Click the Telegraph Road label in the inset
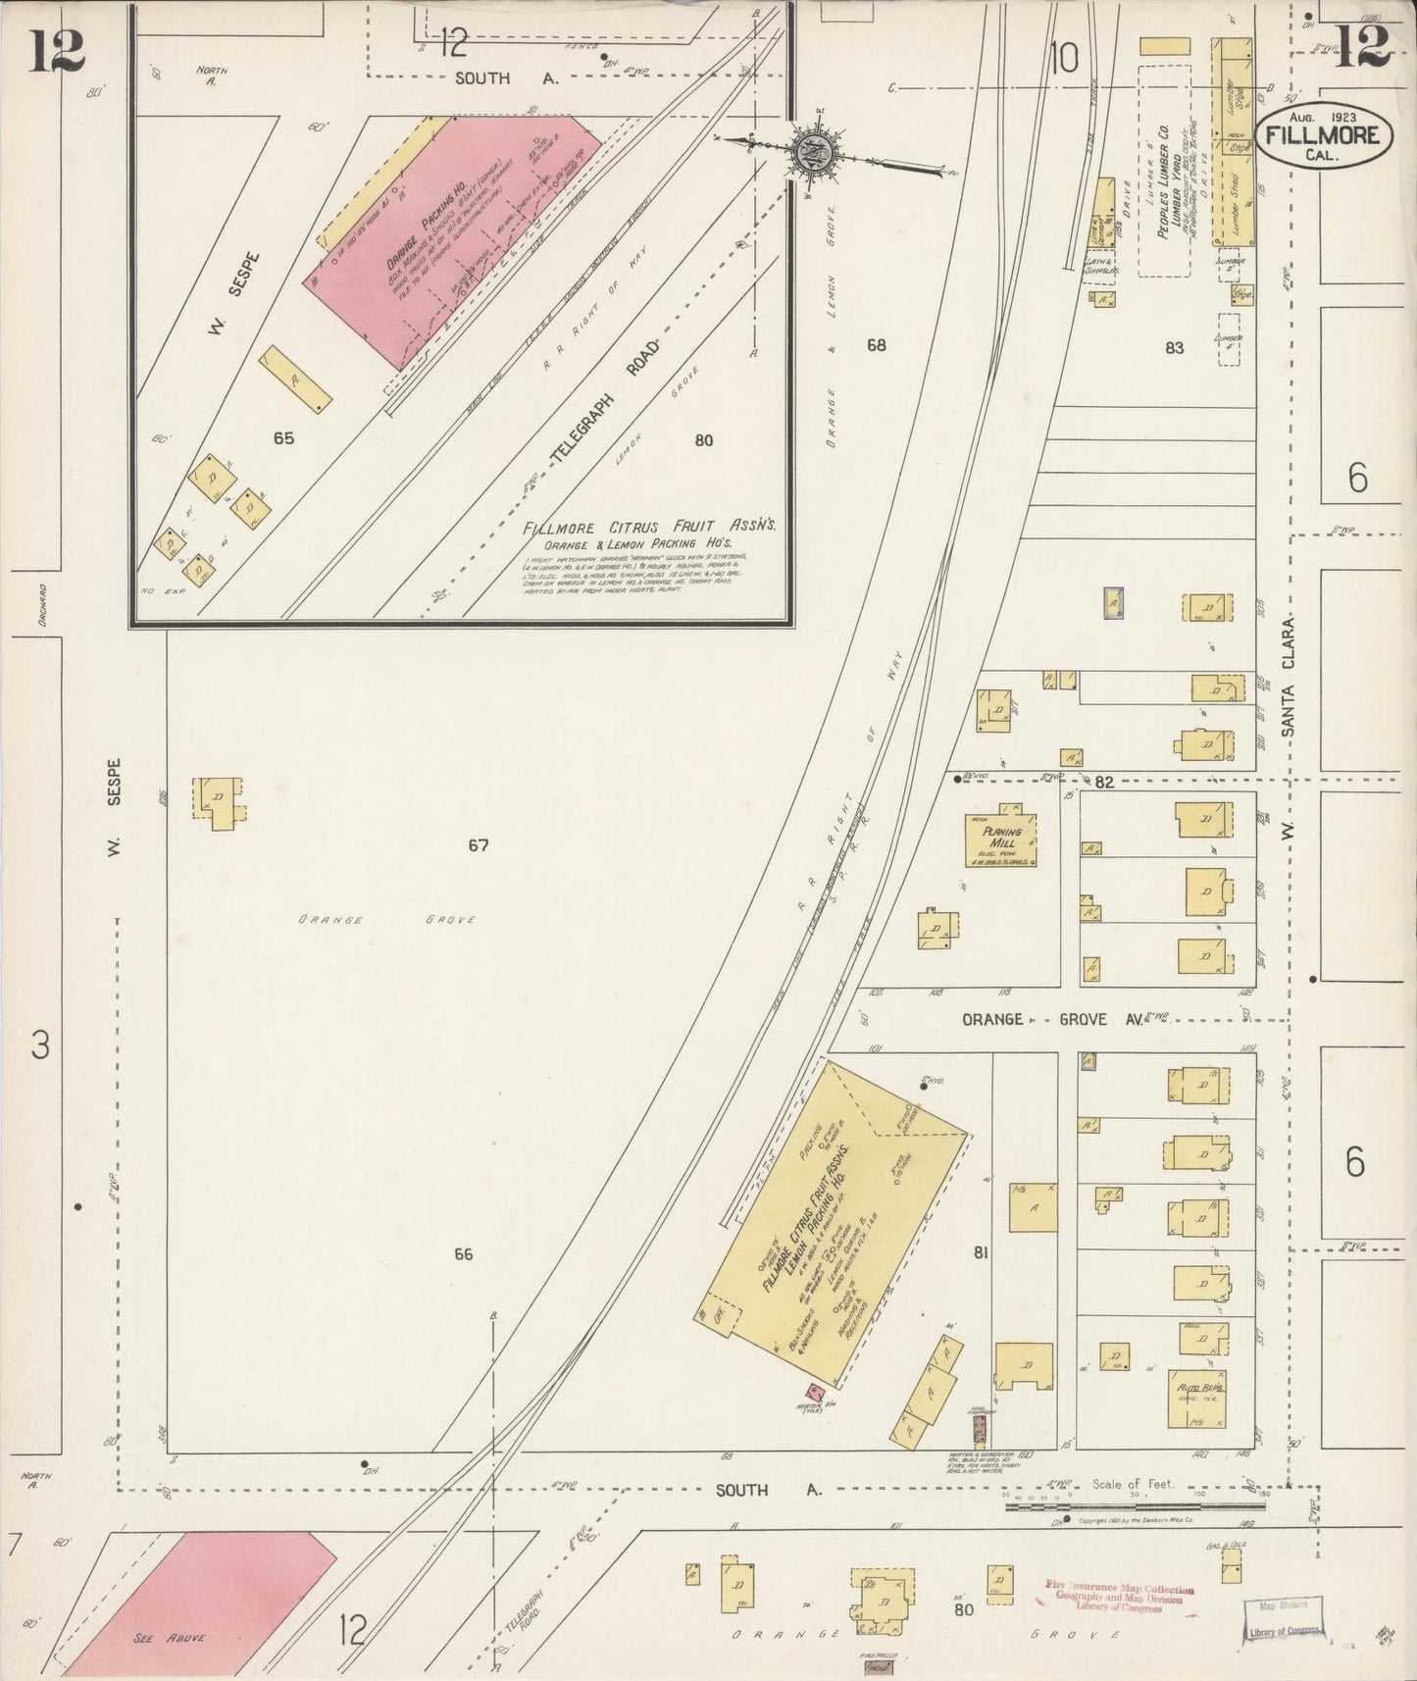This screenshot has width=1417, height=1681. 602,402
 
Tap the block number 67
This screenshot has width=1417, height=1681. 478,844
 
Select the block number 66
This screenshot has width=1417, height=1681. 463,1253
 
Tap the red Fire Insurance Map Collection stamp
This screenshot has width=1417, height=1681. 1118,1598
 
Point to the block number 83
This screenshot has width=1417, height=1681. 1174,347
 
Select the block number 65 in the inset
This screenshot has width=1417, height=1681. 283,438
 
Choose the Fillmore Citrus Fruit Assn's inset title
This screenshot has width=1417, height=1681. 649,527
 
